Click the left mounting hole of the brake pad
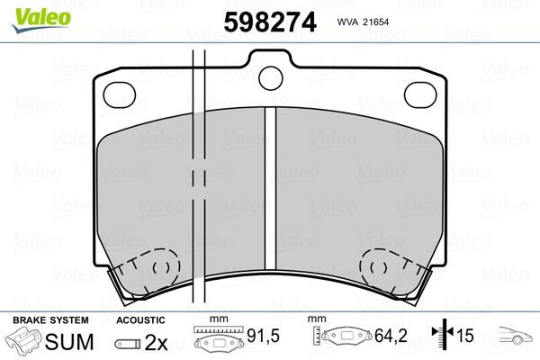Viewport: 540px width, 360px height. (119, 94)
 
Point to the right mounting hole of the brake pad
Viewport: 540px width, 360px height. (418, 93)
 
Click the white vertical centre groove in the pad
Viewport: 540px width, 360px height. (270, 198)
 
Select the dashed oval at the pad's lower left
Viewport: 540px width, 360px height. (163, 267)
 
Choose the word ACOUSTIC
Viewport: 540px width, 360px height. (140, 320)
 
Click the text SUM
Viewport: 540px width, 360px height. (69, 343)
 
